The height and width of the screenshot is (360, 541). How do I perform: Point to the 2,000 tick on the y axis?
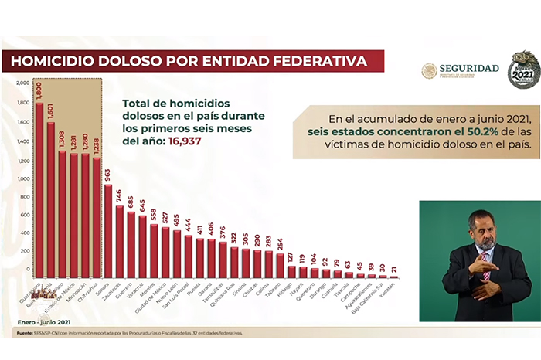22,83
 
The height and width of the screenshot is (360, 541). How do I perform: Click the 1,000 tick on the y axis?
22,179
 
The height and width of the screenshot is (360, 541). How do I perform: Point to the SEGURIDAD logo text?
468,69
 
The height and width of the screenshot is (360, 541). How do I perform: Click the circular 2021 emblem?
523,70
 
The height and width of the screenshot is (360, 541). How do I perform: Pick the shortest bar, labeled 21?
394,277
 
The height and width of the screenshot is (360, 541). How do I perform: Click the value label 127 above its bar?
291,256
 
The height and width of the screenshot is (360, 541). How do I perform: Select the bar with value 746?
119,242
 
